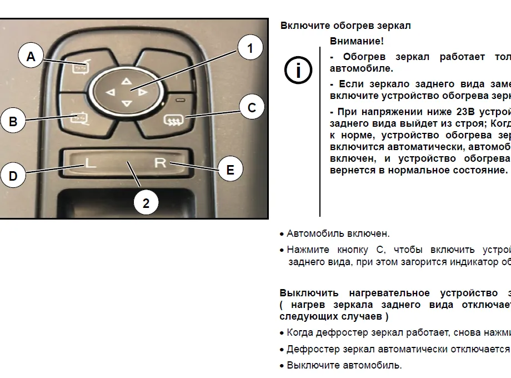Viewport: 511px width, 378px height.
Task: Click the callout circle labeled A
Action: (x=31, y=56)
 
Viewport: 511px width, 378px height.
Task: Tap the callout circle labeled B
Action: (x=13, y=121)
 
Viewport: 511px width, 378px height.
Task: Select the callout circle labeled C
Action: (x=252, y=107)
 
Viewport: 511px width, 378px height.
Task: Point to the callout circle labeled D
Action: (x=13, y=176)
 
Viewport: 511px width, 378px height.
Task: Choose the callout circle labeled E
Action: (x=230, y=170)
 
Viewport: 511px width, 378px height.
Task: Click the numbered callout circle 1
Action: (x=250, y=48)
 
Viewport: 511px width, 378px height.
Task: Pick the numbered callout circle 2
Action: (x=146, y=203)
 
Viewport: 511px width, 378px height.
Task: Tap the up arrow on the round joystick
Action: (x=127, y=81)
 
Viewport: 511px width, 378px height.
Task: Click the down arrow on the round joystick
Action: (x=127, y=104)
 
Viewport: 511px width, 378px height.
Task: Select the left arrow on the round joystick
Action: (x=111, y=93)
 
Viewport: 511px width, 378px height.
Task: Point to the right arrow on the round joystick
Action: (x=143, y=93)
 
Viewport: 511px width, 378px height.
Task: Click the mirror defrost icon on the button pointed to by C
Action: (x=174, y=120)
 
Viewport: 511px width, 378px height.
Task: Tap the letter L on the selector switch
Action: (x=91, y=162)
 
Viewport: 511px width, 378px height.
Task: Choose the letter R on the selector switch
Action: (x=160, y=162)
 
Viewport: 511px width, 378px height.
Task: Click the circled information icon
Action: (x=298, y=70)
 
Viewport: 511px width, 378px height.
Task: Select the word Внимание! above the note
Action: (x=357, y=41)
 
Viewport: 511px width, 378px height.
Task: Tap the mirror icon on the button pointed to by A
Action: (x=80, y=67)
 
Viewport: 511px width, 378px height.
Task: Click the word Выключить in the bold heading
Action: (x=309, y=293)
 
